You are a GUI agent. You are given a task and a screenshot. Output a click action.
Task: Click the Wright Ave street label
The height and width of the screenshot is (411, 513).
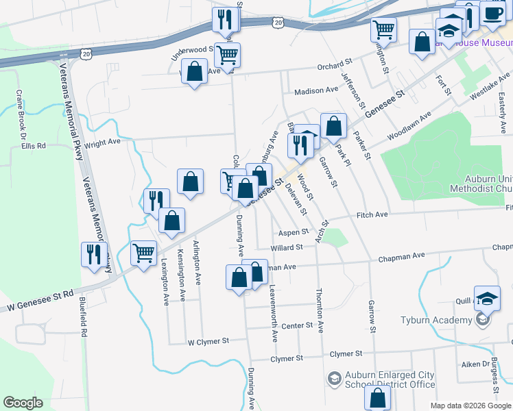tap(102, 142)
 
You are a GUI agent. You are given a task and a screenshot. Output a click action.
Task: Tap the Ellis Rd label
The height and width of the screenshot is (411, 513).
tap(33, 146)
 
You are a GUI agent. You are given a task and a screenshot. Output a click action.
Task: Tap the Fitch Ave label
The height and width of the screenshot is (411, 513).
tap(372, 214)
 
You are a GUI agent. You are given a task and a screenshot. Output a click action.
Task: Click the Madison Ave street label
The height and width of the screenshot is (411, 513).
tap(316, 90)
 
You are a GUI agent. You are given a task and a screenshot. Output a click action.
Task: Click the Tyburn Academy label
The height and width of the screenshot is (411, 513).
tap(436, 321)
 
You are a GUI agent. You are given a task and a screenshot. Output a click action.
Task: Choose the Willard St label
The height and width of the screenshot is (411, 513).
tap(287, 247)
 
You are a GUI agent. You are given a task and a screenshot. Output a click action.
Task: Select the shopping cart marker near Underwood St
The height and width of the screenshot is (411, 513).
tap(227, 54)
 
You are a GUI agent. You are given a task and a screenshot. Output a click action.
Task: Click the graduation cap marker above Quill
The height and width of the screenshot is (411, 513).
tap(486, 297)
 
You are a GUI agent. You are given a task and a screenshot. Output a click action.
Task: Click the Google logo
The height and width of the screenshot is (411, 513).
tap(23, 403)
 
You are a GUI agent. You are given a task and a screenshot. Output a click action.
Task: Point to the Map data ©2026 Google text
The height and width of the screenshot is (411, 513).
tap(470, 405)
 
